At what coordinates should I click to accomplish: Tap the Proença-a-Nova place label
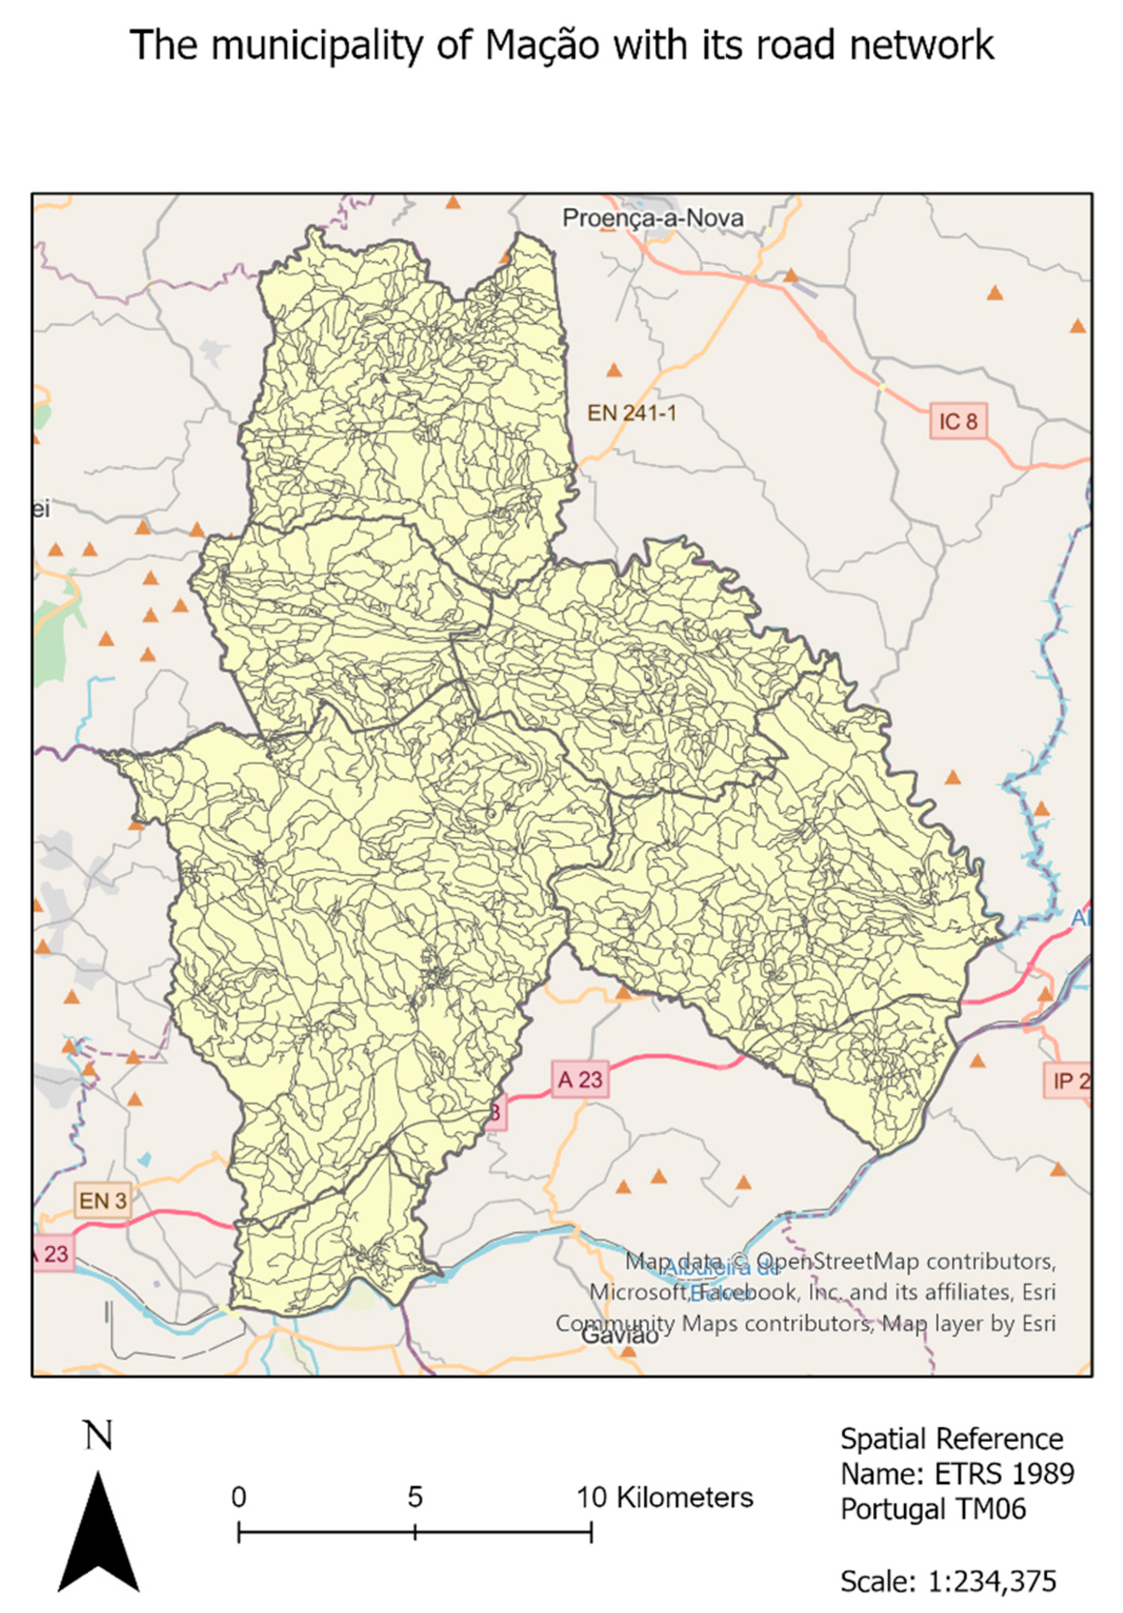pos(653,218)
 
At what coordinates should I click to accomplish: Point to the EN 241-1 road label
pos(631,413)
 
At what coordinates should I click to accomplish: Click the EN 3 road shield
pos(103,1201)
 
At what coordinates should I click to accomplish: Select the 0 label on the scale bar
pos(239,1497)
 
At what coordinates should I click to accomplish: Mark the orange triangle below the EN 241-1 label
pos(614,370)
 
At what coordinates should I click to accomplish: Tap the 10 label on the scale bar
pos(591,1497)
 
